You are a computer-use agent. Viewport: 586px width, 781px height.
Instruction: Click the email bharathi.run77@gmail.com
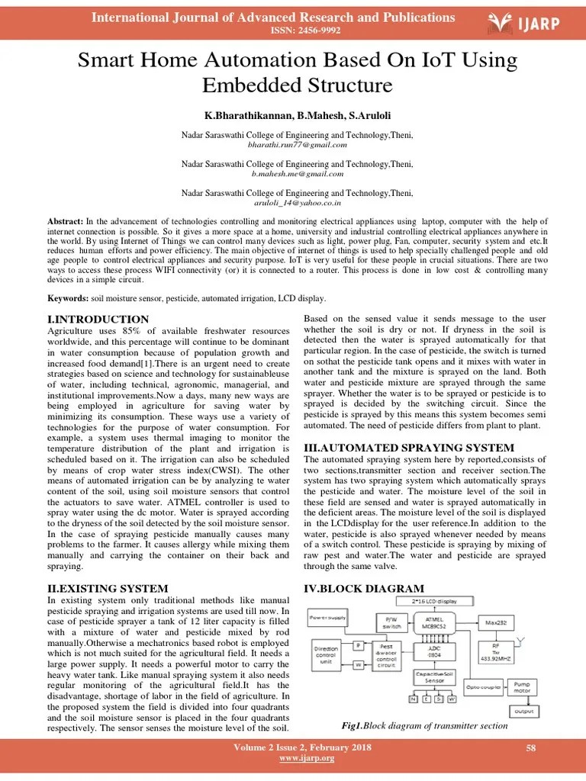click(298, 144)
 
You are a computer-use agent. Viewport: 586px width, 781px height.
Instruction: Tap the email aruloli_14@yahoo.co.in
click(298, 204)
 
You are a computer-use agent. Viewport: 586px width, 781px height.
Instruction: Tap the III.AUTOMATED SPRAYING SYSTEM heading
click(409, 447)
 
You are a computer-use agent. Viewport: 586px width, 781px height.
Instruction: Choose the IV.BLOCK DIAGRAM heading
click(363, 588)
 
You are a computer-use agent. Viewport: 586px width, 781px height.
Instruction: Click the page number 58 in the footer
click(531, 749)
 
